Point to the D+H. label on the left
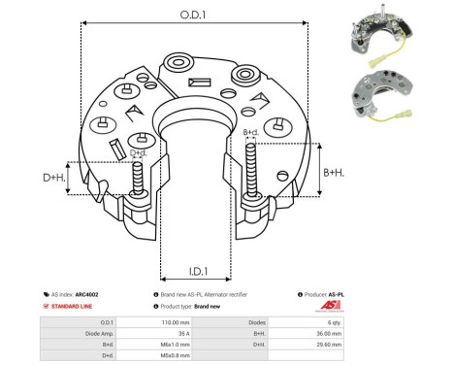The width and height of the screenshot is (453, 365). [55, 179]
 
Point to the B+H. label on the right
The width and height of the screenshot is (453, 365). [334, 172]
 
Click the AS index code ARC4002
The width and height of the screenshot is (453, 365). [88, 293]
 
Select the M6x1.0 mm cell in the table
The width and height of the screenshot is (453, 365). [159, 345]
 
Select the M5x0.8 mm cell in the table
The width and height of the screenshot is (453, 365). [159, 356]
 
